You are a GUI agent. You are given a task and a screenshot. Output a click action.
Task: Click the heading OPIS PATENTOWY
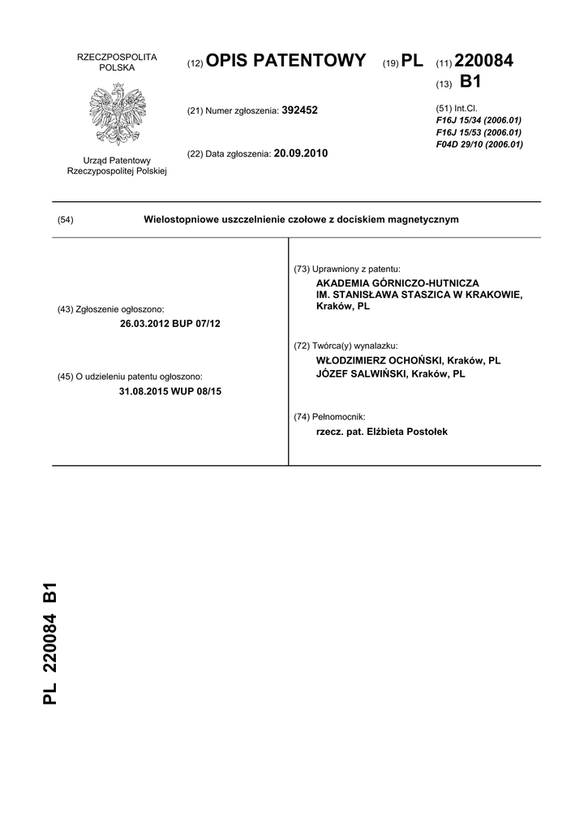pyautogui.click(x=286, y=61)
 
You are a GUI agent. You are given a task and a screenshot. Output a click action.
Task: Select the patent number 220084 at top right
pyautogui.click(x=485, y=61)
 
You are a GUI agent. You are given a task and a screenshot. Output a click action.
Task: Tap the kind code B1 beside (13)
pyautogui.click(x=470, y=82)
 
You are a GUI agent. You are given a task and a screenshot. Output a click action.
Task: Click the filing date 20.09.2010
pyautogui.click(x=301, y=153)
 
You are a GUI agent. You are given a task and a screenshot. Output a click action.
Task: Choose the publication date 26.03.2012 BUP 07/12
pyautogui.click(x=170, y=323)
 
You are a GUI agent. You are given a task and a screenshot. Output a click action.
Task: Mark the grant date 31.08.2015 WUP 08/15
pyautogui.click(x=170, y=391)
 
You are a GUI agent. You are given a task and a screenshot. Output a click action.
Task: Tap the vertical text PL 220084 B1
pyautogui.click(x=50, y=643)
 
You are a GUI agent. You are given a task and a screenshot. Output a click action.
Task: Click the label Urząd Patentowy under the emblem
pyautogui.click(x=117, y=161)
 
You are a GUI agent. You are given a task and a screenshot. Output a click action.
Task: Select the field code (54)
pyautogui.click(x=67, y=220)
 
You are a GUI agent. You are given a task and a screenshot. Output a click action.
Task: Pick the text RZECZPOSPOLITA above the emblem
pyautogui.click(x=117, y=57)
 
